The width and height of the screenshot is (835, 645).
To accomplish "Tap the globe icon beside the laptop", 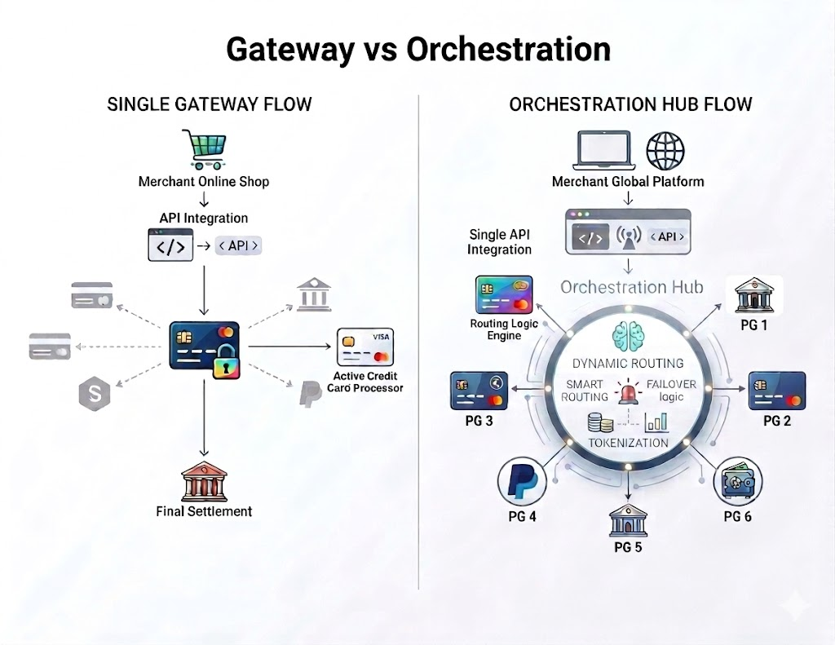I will tap(665, 152).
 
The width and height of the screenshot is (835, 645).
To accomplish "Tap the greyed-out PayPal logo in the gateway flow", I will tap(308, 394).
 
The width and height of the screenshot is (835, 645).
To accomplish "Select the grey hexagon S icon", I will tap(94, 394).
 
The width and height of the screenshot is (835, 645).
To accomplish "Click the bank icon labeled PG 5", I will tap(628, 519).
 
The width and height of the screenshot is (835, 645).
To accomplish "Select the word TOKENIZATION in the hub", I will tap(628, 443).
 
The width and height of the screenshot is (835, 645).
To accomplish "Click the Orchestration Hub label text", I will tap(631, 287).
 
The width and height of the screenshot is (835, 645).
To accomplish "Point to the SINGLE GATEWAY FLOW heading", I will tap(210, 104).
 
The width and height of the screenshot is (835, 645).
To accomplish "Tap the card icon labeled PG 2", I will tap(777, 391).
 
